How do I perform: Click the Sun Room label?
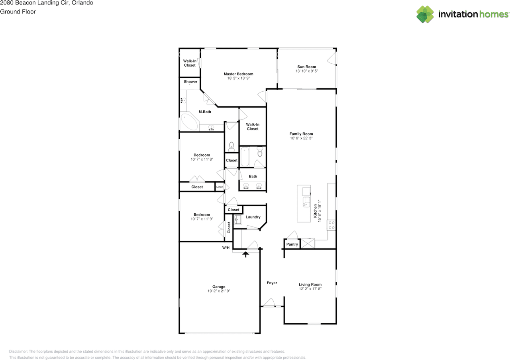tap(306, 67)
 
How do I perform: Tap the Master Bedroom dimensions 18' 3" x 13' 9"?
tap(238, 79)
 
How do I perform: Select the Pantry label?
tap(292, 244)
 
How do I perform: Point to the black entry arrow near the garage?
tap(246, 254)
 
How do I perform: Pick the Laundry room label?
tap(253, 217)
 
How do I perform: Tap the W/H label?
tap(226, 248)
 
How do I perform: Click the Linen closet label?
tap(220, 187)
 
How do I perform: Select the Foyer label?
tap(272, 283)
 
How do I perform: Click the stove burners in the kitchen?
tap(331, 225)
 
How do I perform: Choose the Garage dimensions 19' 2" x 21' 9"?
tap(219, 291)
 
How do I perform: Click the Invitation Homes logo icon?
tap(425, 14)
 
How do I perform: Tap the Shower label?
tap(190, 82)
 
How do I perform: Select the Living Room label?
tap(310, 285)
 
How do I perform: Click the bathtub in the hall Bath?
tap(244, 157)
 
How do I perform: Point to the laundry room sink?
tap(237, 220)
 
